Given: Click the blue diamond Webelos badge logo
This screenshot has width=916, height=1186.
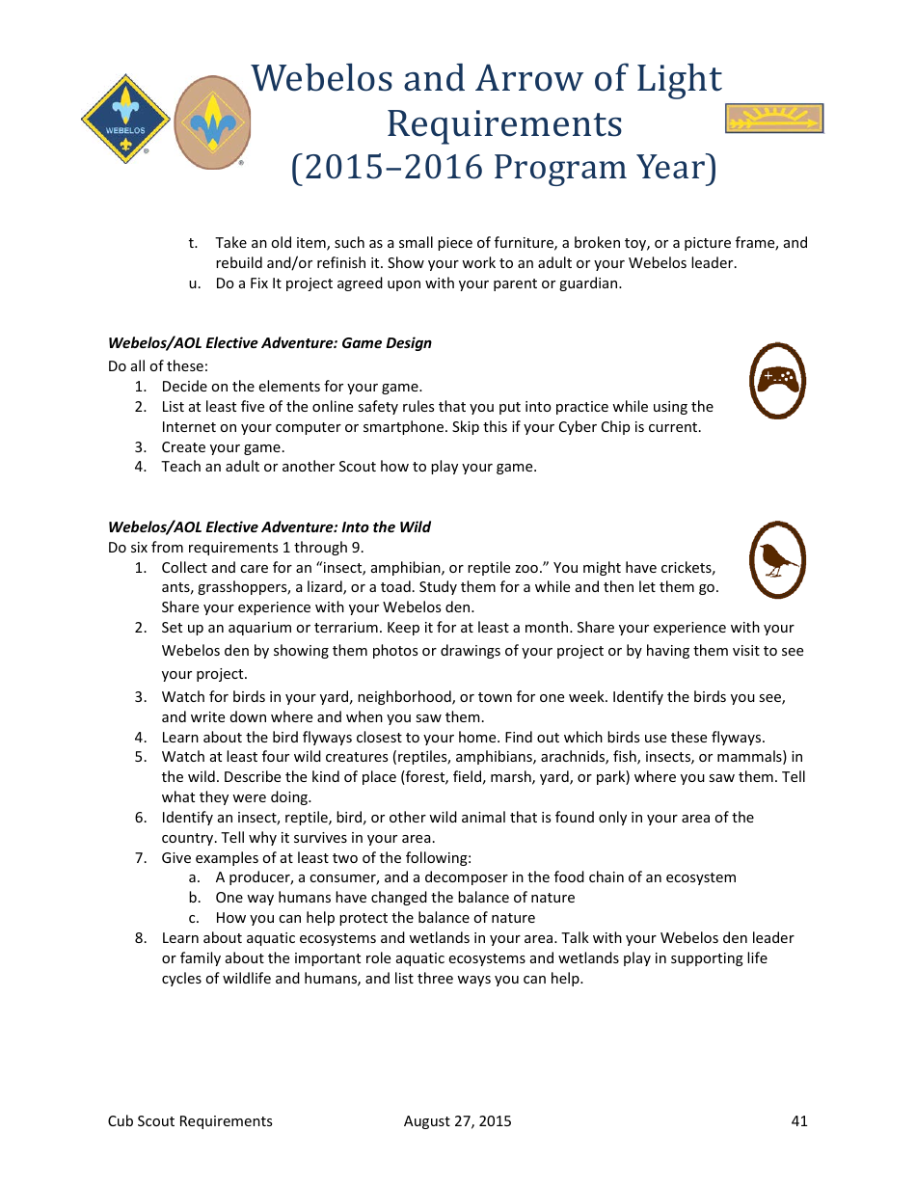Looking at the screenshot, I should tap(125, 120).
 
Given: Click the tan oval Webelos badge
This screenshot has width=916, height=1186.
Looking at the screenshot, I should tap(212, 121).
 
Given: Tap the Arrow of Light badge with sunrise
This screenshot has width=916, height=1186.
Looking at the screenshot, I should tap(773, 119).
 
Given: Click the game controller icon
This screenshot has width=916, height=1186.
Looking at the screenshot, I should tap(777, 380).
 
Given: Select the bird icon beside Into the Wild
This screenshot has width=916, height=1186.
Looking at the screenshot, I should tap(777, 559).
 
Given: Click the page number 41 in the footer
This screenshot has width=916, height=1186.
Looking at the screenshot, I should tap(798, 1120).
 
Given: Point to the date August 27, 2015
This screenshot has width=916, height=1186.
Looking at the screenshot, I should tap(457, 1120).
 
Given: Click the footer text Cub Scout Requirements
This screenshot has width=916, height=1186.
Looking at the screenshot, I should tap(190, 1120).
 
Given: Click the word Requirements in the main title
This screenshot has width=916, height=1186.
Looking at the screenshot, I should tap(504, 123).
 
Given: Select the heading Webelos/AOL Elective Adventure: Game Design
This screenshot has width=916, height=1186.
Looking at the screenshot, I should tap(270, 343).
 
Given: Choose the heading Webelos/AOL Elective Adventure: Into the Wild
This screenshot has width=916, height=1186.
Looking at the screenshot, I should tap(269, 527).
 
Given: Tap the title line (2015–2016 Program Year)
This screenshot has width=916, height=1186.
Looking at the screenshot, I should tap(504, 168).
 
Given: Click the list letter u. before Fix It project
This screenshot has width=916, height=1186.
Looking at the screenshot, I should tap(194, 283).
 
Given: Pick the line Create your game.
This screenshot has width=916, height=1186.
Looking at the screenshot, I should tap(223, 447).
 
